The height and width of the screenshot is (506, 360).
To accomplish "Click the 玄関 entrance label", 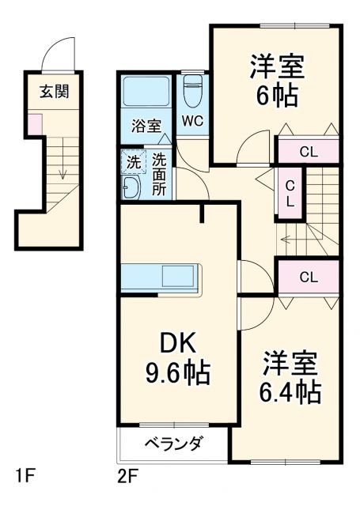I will pyautogui.click(x=55, y=90).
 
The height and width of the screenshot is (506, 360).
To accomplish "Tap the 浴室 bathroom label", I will pyautogui.click(x=146, y=125).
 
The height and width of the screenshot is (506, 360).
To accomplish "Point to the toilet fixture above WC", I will pyautogui.click(x=192, y=92).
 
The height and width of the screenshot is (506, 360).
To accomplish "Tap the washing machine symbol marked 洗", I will pyautogui.click(x=134, y=162).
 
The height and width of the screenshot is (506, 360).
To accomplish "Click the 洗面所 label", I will pyautogui.click(x=159, y=174).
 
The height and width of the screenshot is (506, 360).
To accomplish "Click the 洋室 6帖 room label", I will pyautogui.click(x=276, y=80).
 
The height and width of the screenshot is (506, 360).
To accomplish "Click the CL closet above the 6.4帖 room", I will pyautogui.click(x=308, y=277).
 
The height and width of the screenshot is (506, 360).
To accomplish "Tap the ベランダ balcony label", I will pyautogui.click(x=172, y=443).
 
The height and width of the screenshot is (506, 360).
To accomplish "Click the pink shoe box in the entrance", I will pyautogui.click(x=35, y=123).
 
